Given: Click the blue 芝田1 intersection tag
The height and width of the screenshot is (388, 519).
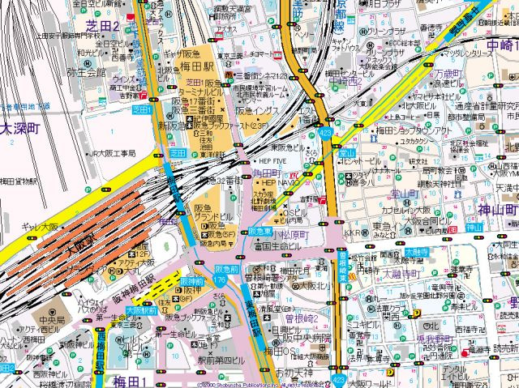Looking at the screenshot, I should (x=142, y=109).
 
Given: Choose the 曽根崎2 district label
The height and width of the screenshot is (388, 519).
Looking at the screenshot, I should (x=301, y=318).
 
